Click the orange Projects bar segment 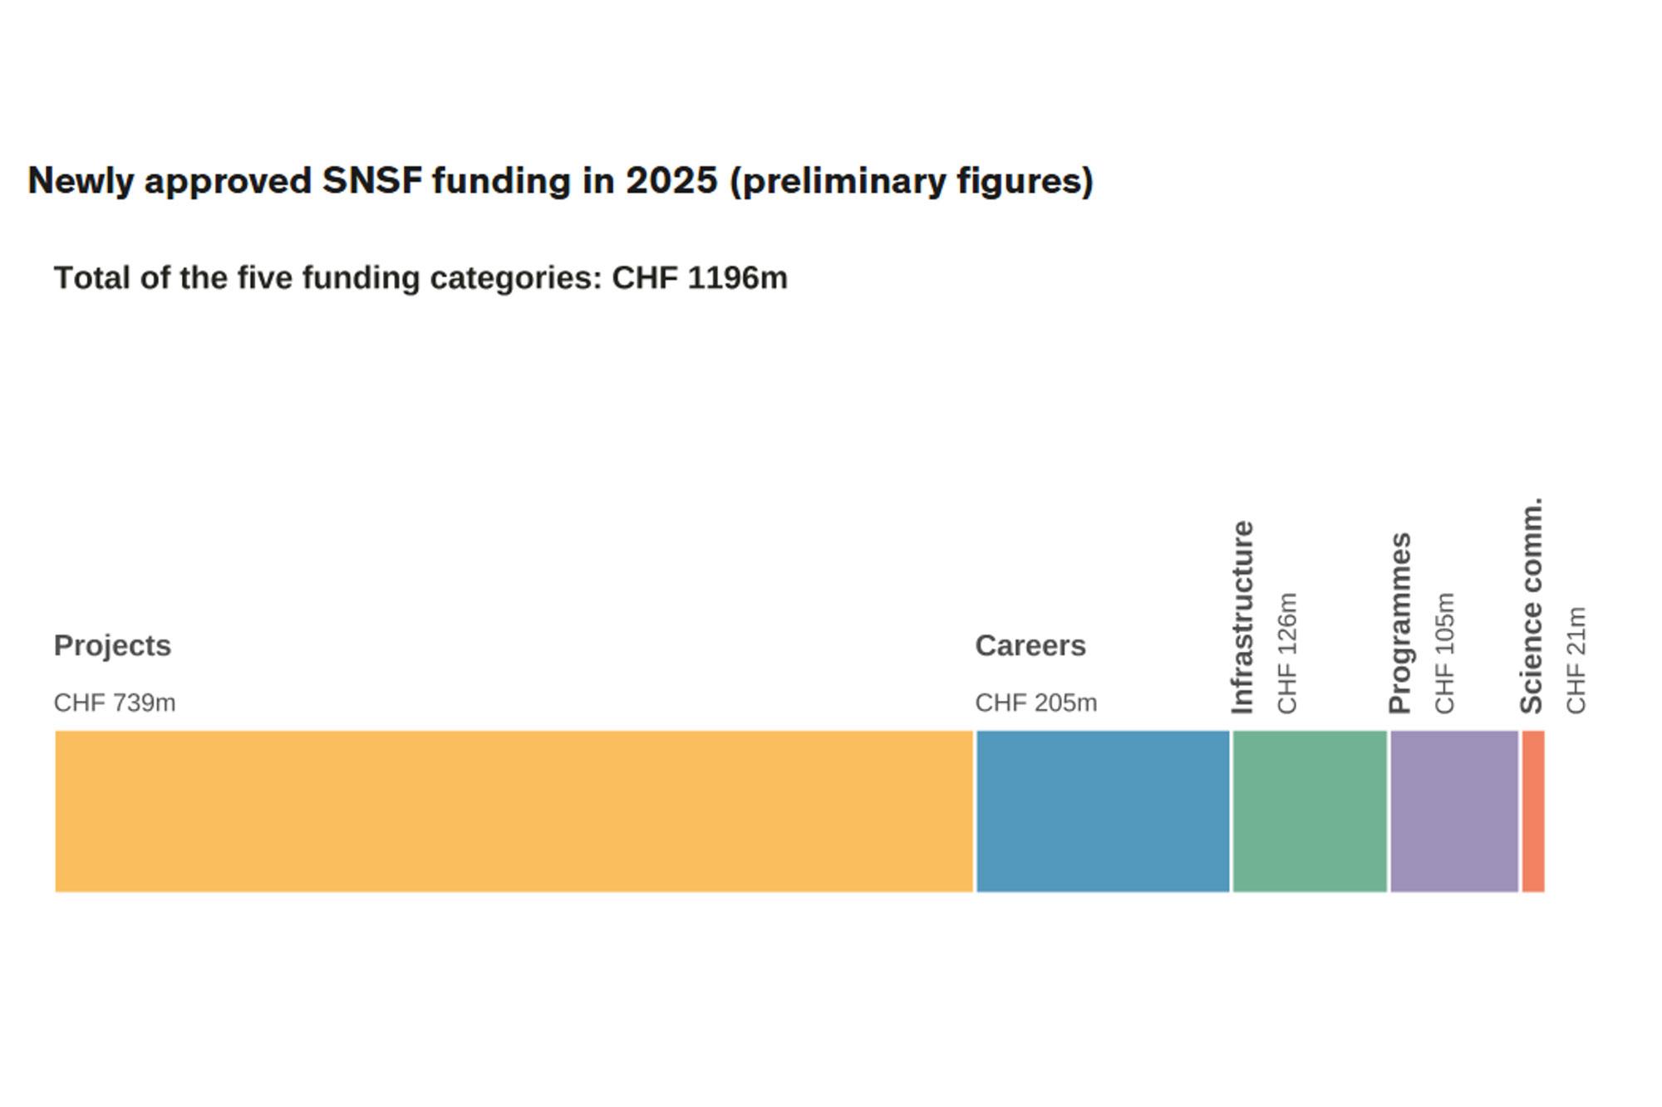click(x=514, y=811)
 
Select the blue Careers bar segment click(x=1102, y=811)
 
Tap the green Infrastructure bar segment click(x=1310, y=811)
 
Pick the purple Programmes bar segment click(x=1454, y=811)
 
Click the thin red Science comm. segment click(x=1533, y=811)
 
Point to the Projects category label click(x=112, y=645)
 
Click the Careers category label click(x=1030, y=645)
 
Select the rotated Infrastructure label click(x=1242, y=617)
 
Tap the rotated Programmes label click(x=1399, y=623)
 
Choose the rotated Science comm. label click(x=1531, y=605)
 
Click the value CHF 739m click(x=115, y=703)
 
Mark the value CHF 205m click(x=1035, y=703)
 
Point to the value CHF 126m click(x=1286, y=653)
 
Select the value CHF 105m click(x=1444, y=653)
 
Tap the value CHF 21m click(x=1576, y=660)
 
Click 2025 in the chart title click(x=671, y=181)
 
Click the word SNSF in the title click(x=372, y=181)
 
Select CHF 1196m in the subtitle click(x=699, y=277)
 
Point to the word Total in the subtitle click(x=92, y=277)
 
